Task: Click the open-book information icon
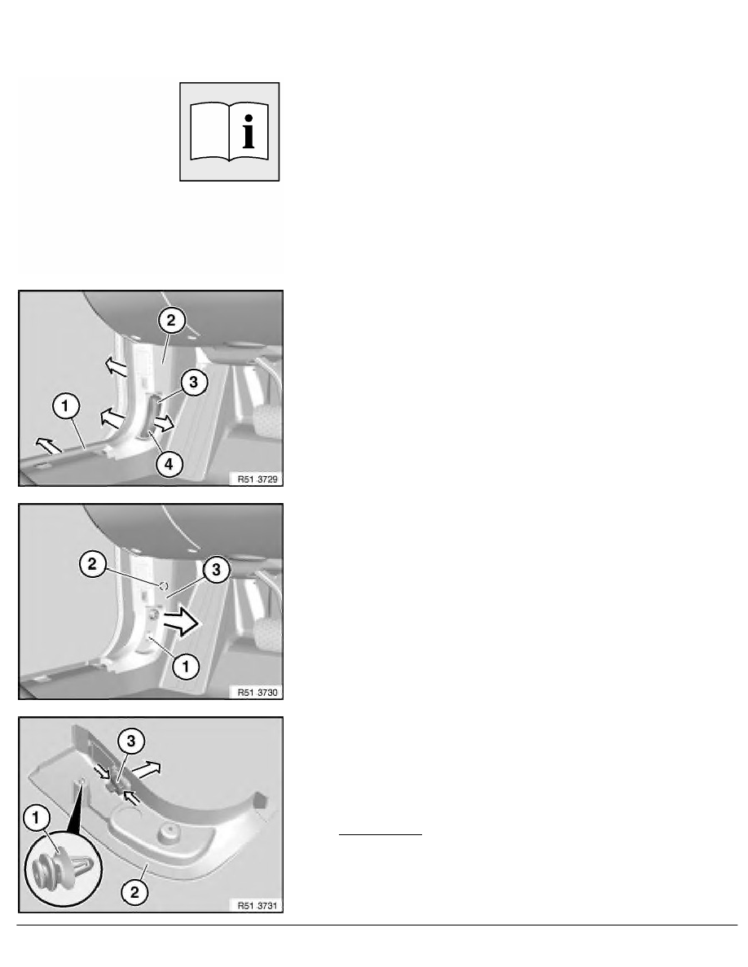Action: click(229, 132)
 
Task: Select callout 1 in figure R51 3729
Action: click(66, 406)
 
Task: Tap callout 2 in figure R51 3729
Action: click(172, 320)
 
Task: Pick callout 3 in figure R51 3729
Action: click(194, 383)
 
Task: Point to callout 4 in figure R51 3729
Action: click(169, 465)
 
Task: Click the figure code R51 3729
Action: click(257, 479)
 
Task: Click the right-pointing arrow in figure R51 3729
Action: click(164, 424)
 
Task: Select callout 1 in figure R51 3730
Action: click(185, 666)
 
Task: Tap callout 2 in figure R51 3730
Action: click(93, 563)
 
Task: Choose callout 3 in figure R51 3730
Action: click(216, 569)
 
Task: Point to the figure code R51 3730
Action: click(257, 693)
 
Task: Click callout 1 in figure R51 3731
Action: click(36, 818)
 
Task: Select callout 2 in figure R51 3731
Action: click(135, 892)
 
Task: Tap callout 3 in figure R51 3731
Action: click(131, 741)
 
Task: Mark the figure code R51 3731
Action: click(257, 906)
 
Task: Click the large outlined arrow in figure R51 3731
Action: click(147, 769)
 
